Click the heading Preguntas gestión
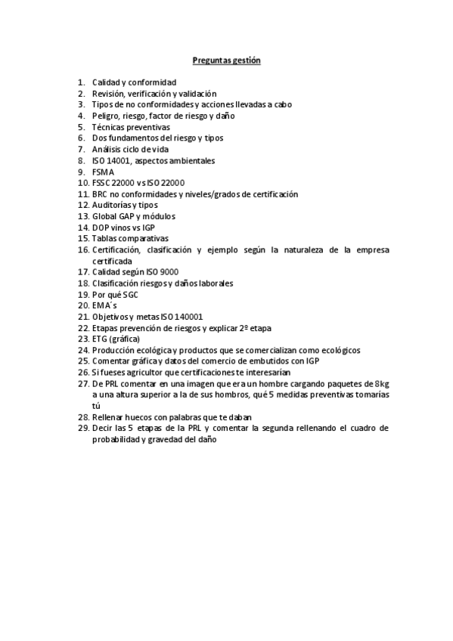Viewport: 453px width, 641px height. point(226,60)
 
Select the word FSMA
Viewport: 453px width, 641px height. point(103,172)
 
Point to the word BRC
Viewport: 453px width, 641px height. point(101,194)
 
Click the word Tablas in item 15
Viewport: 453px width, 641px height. point(105,238)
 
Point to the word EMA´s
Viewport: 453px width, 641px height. point(104,305)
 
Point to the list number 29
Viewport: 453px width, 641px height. point(82,428)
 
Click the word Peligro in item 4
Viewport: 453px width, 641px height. point(106,116)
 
